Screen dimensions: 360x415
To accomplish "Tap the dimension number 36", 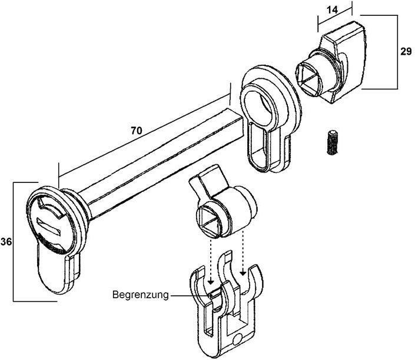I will click(6, 242).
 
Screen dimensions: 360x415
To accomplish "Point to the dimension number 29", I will click(406, 51).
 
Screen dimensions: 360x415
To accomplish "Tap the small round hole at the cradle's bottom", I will click(238, 339).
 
